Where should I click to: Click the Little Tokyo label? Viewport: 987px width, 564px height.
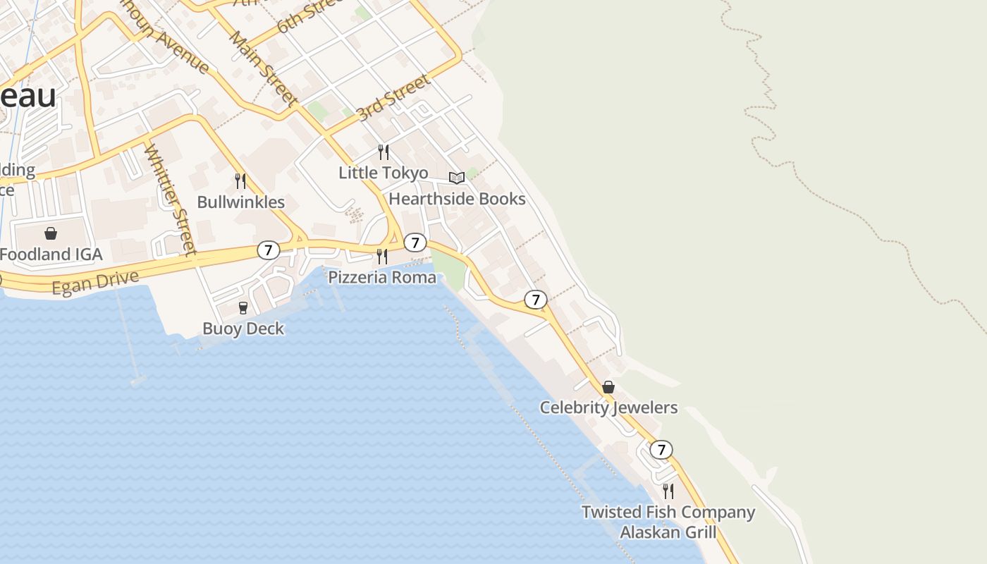[x=384, y=173]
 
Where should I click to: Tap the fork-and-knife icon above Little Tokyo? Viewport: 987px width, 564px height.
[x=384, y=152]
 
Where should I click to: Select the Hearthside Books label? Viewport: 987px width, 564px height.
[x=457, y=199]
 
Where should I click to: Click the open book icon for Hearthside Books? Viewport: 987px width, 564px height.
[x=457, y=178]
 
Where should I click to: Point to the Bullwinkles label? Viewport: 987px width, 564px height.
[x=240, y=202]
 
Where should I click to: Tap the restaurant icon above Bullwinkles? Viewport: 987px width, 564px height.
[x=240, y=181]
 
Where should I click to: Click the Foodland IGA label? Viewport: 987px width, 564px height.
[x=51, y=255]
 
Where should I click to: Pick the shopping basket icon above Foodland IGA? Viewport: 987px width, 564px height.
[x=51, y=233]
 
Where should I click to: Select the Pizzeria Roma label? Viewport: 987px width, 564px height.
[x=382, y=277]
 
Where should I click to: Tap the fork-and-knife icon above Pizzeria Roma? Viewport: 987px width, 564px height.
[x=382, y=256]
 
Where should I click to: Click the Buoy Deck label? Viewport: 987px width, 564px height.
[x=243, y=329]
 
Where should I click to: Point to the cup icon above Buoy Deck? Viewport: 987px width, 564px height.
[x=243, y=307]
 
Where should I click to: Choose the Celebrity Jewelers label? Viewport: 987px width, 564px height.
[x=608, y=407]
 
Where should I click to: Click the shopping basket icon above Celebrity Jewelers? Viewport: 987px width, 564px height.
[x=608, y=387]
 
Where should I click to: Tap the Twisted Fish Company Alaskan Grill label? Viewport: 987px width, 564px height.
[x=668, y=522]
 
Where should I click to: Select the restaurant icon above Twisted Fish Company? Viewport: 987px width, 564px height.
[x=668, y=491]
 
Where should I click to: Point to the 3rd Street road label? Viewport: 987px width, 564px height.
[x=393, y=98]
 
